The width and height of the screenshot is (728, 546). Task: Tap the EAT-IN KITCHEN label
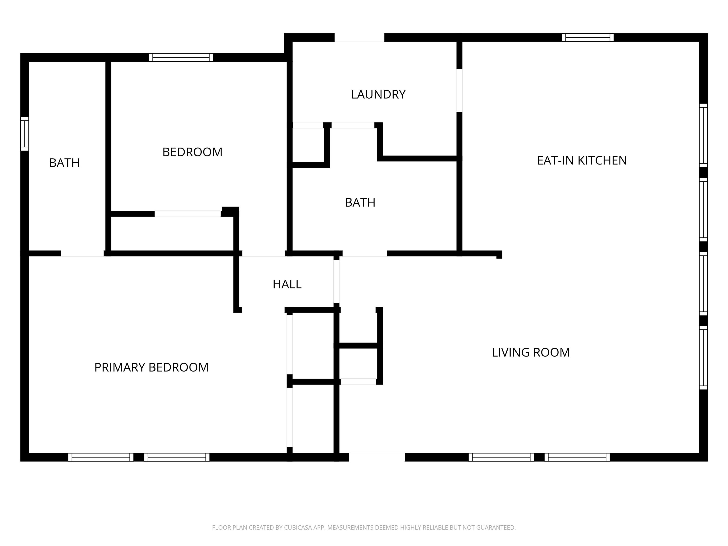[x=582, y=161]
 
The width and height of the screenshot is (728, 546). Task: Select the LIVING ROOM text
[x=531, y=352]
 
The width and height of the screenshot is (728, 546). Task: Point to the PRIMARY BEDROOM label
[x=151, y=367]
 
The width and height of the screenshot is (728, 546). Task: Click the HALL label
[x=287, y=284]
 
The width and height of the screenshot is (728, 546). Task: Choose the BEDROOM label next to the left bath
[x=192, y=152]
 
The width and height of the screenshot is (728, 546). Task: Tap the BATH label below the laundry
[x=360, y=202]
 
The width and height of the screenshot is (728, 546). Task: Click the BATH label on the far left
[x=64, y=163]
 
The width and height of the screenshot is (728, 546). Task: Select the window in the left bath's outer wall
[x=25, y=134]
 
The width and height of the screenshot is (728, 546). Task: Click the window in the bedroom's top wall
[x=181, y=58]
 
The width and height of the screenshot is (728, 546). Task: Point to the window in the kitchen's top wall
[x=588, y=37]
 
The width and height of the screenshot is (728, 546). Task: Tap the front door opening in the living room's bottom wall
[x=377, y=457]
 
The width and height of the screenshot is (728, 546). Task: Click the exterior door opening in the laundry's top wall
[x=359, y=37]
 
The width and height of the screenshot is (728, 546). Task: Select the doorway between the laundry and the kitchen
[x=460, y=90]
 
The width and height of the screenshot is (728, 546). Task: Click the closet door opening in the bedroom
[x=188, y=214]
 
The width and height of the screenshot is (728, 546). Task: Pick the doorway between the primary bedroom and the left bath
[x=82, y=253]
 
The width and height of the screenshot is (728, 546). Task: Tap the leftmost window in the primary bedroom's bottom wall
[x=101, y=457]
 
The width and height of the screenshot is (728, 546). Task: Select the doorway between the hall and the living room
[x=336, y=281]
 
